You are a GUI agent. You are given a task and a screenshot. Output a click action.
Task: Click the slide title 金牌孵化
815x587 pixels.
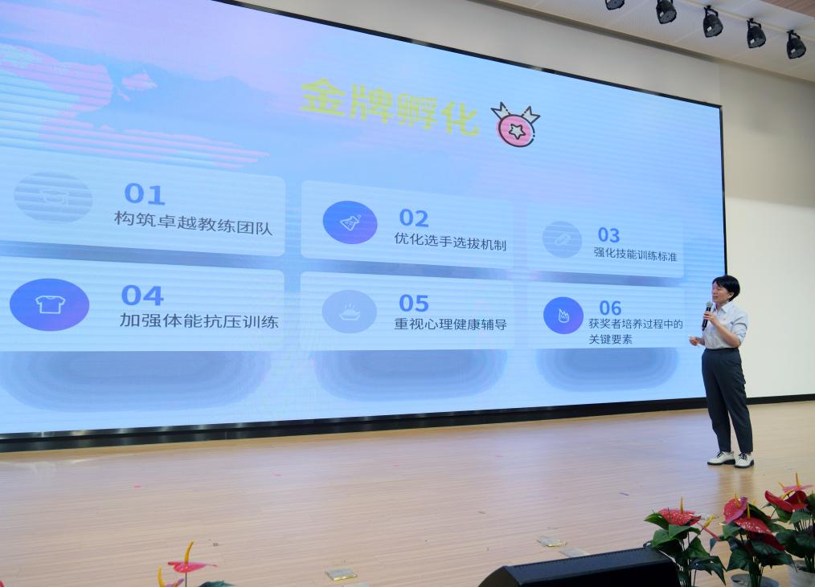tap(389, 107)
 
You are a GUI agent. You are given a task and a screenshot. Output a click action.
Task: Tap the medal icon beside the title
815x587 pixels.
tap(516, 124)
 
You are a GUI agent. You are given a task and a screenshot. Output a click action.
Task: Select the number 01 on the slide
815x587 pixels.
tap(145, 194)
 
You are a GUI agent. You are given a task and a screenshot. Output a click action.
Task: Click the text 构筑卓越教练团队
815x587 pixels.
tap(194, 223)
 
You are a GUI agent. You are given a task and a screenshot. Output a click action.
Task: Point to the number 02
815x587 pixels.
tap(414, 218)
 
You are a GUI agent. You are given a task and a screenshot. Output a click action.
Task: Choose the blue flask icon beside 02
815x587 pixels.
tap(350, 222)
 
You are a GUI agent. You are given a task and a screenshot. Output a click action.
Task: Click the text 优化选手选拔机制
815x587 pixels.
tap(450, 241)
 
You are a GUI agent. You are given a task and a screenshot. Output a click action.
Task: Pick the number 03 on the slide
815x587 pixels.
tap(608, 234)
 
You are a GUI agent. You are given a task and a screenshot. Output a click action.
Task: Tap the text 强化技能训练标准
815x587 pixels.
tap(635, 254)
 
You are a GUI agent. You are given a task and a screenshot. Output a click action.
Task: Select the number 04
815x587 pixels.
tap(142, 296)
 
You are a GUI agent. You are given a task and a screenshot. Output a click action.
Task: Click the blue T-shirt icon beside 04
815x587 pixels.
tap(49, 304)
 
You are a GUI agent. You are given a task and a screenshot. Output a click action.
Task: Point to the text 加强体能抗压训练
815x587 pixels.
tap(199, 320)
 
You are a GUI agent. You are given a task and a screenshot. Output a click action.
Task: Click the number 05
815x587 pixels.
tap(414, 303)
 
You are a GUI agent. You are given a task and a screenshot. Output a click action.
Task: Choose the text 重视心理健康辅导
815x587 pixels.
tap(450, 324)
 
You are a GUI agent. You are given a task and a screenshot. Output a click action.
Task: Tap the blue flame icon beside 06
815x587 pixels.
tap(563, 316)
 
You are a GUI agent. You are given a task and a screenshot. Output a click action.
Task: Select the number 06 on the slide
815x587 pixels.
tap(610, 308)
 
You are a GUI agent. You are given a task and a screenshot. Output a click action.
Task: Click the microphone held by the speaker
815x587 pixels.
tap(706, 315)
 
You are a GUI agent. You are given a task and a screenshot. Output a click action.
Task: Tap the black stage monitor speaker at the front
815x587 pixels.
tap(580, 568)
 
